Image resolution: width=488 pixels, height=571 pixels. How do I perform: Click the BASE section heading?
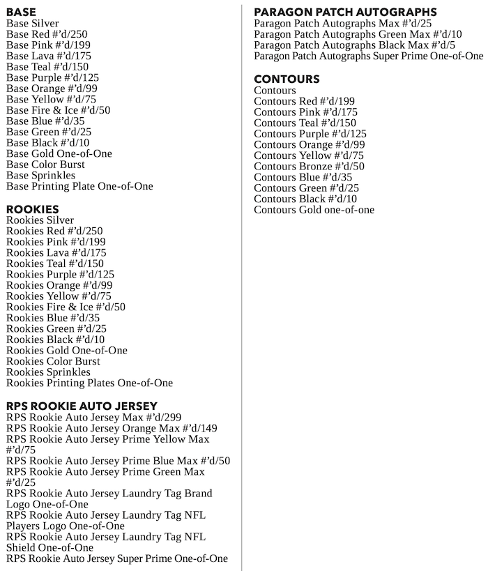pyautogui.click(x=21, y=12)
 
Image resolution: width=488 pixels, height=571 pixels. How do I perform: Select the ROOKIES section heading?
pyautogui.click(x=33, y=209)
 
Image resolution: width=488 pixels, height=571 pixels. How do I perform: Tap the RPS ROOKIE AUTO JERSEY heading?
pyautogui.click(x=82, y=406)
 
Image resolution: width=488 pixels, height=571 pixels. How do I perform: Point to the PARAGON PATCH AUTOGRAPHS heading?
pyautogui.click(x=346, y=12)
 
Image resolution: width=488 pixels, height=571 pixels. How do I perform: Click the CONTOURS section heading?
pyautogui.click(x=287, y=79)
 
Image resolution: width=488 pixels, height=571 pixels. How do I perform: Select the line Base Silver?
pyautogui.click(x=33, y=23)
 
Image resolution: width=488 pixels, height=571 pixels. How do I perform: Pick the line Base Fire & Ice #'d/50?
pyautogui.click(x=59, y=110)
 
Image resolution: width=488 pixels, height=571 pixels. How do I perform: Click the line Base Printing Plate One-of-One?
pyautogui.click(x=79, y=186)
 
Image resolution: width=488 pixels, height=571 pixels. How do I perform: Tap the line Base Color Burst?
pyautogui.click(x=45, y=165)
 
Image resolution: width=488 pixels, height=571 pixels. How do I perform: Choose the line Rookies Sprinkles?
pyautogui.click(x=48, y=372)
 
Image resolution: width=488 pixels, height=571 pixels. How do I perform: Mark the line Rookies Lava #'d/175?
pyautogui.click(x=56, y=252)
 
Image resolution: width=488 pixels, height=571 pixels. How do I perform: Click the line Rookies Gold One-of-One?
pyautogui.click(x=67, y=351)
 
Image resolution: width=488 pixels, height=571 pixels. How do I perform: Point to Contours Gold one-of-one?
pyautogui.click(x=314, y=210)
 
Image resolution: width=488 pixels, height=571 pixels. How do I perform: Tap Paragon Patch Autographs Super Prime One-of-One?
pyautogui.click(x=368, y=56)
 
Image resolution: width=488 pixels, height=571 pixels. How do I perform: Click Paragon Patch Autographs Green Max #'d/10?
pyautogui.click(x=358, y=34)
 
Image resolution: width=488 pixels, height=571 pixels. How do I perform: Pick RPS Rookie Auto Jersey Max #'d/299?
pyautogui.click(x=93, y=417)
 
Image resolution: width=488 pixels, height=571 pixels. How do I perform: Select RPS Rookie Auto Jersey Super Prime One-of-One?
pyautogui.click(x=117, y=558)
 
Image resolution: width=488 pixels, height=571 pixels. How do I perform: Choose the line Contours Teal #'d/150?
pyautogui.click(x=305, y=123)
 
